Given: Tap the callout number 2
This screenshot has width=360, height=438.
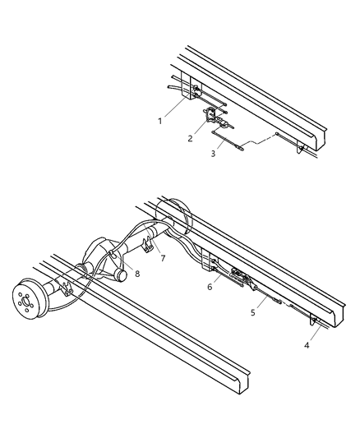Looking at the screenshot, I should coord(190,138).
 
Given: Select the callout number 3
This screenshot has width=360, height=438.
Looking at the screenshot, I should coord(212,152).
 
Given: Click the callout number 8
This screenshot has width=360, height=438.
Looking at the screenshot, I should coord(137,274).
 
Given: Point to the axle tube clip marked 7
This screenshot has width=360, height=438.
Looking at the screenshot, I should coord(149,245).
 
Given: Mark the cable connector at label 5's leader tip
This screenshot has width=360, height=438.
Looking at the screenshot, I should coord(276,302).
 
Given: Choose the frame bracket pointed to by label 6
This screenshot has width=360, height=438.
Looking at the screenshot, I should coord(215,265).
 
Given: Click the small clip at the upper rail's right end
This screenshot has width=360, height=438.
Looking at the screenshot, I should coord(304,149).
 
